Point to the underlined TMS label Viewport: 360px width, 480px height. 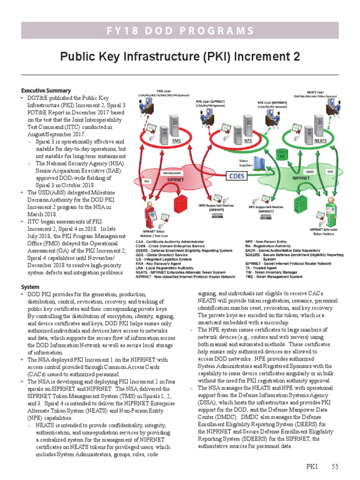click(176, 141)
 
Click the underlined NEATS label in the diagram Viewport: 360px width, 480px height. click(321, 141)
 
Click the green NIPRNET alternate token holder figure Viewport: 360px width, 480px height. click(325, 212)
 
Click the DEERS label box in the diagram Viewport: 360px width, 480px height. click(310, 172)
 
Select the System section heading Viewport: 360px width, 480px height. click(30, 287)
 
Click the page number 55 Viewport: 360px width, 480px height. click(335, 466)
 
